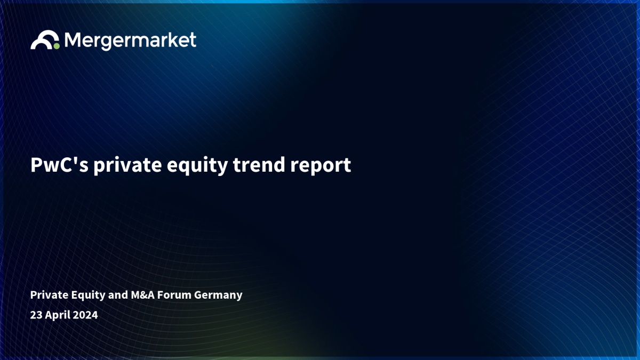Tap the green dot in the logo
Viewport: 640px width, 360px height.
tap(57, 46)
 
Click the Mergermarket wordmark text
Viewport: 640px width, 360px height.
tap(130, 41)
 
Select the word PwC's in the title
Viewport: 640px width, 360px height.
tap(59, 165)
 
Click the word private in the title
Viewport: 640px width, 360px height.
tap(127, 166)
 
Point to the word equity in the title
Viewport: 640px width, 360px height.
tap(197, 166)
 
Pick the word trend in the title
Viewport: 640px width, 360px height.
tap(259, 165)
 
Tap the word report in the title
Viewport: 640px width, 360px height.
tap(321, 166)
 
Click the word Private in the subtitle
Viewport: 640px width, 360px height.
tap(49, 294)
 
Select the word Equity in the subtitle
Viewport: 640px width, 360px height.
tap(88, 295)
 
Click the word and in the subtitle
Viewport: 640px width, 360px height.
tap(118, 295)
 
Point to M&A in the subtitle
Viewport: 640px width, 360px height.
tap(142, 295)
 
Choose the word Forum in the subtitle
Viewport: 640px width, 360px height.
tap(174, 295)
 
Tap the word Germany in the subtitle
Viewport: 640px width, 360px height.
tap(218, 295)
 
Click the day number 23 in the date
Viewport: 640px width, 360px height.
tap(36, 315)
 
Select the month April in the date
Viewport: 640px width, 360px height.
tap(58, 315)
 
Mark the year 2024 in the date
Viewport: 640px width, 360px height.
tap(85, 315)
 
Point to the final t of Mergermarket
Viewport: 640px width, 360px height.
tap(193, 40)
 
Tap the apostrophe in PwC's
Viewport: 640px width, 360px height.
tap(75, 160)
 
